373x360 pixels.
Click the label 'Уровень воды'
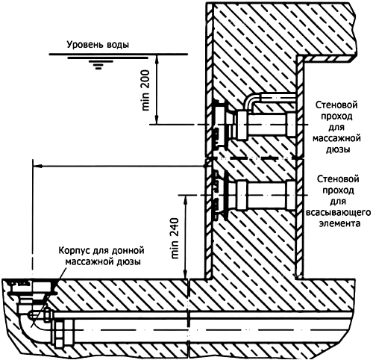click(x=98, y=45)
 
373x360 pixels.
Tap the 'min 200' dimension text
click(x=145, y=90)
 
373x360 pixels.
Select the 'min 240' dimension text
click(x=175, y=238)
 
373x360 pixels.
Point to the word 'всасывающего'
click(x=338, y=213)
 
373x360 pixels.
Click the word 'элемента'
click(x=339, y=223)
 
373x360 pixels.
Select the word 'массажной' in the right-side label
click(x=336, y=138)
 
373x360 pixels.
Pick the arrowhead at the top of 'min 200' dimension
click(x=157, y=58)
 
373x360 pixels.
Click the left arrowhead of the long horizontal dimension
click(x=37, y=166)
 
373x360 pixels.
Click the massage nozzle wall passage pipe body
click(x=266, y=125)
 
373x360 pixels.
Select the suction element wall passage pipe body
click(x=266, y=195)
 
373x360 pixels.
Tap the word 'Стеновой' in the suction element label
click(x=338, y=179)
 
